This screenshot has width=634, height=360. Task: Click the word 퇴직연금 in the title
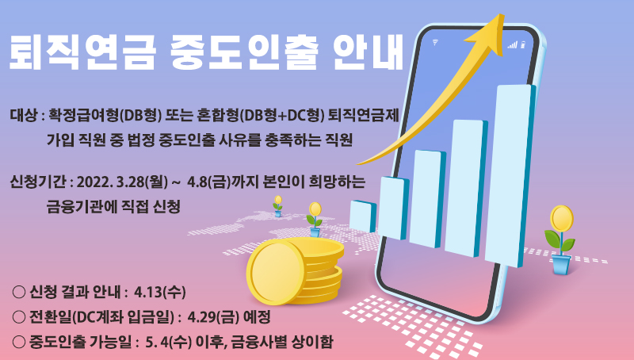pos(82,53)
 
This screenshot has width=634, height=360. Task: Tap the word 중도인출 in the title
pos(244,53)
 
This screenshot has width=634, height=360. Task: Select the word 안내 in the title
pos(368,53)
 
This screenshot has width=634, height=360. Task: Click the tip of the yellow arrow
pos(503,14)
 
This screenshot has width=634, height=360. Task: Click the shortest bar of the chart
pos(363,216)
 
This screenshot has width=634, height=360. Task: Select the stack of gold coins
pos(295,270)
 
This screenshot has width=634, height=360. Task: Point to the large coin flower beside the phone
pos(560,239)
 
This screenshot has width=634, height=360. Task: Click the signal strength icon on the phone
pos(513,44)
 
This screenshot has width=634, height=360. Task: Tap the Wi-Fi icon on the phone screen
pos(435,42)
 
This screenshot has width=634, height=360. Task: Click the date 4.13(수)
pos(160,292)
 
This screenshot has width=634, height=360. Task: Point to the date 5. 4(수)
pos(168,343)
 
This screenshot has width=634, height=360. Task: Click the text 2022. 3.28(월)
pos(122,182)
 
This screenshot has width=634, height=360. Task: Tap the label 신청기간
pos(37,182)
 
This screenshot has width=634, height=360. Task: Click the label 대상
pos(24,116)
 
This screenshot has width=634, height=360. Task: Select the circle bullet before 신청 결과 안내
pos(19,292)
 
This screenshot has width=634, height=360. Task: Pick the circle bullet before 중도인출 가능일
pos(19,342)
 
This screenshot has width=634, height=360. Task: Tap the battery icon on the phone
pos(523,44)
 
